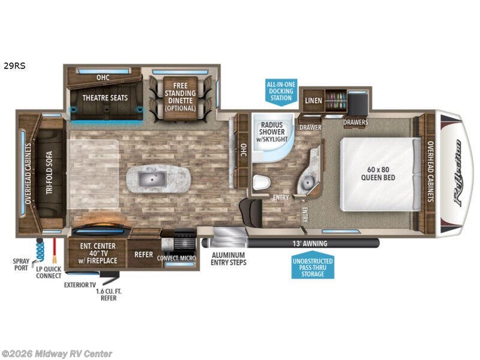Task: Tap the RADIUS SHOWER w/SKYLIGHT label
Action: [x=272, y=132]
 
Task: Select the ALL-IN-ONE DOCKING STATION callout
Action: [x=280, y=90]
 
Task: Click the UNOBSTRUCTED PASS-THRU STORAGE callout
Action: [x=313, y=266]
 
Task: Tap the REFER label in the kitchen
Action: [x=144, y=254]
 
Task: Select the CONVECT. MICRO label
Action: [x=176, y=259]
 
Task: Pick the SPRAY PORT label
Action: [x=21, y=265]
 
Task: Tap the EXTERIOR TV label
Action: [x=80, y=284]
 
